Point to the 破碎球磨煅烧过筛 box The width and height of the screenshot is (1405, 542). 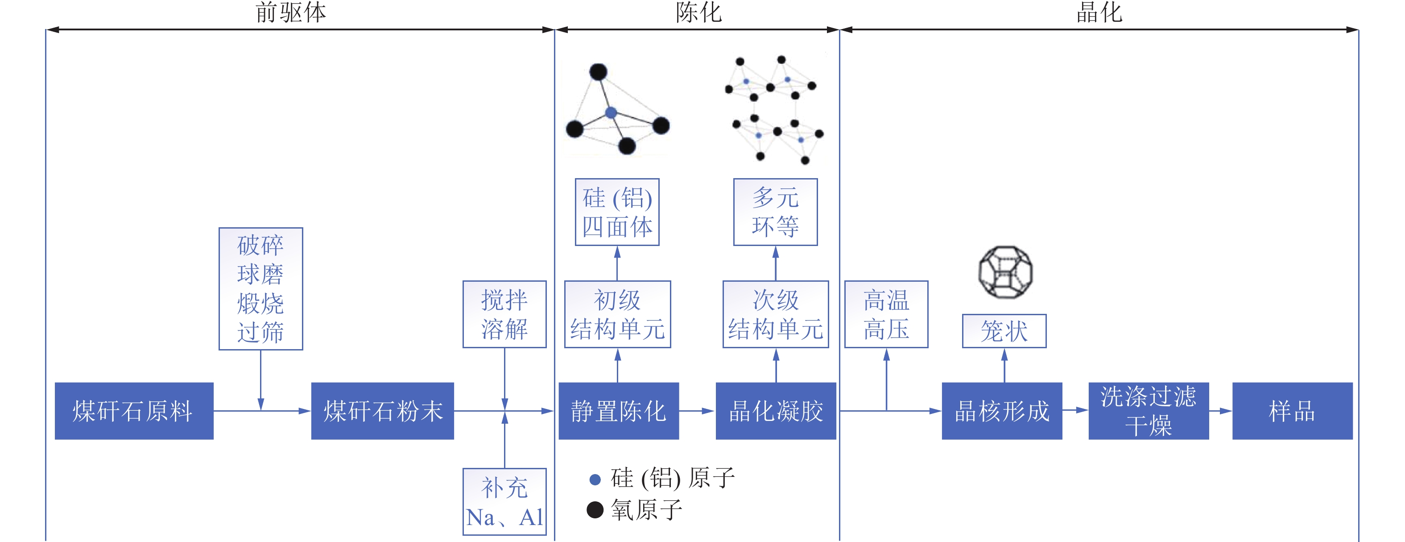(261, 289)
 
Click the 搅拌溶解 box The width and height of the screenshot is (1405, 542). (504, 314)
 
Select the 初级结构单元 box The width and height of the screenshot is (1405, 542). (617, 314)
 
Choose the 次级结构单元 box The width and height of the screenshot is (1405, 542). (776, 314)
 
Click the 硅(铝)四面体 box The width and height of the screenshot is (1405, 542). (617, 212)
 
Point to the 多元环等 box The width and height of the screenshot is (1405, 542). (776, 212)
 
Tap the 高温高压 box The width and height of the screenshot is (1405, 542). (886, 314)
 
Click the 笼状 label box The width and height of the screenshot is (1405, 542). (1004, 331)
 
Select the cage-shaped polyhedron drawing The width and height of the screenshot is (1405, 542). (1005, 272)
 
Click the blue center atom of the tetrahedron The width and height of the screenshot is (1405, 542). (612, 113)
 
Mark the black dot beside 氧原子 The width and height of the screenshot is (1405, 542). (595, 510)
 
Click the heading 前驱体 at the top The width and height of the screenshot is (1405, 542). (291, 12)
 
